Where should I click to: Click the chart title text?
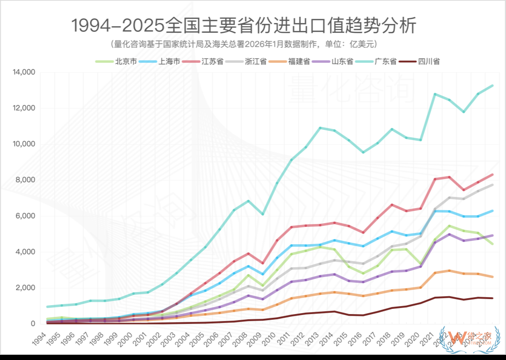tap(243, 25)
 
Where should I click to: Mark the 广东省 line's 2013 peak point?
tap(320, 127)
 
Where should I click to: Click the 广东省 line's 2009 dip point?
tap(262, 214)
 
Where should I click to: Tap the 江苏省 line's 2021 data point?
tap(435, 179)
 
